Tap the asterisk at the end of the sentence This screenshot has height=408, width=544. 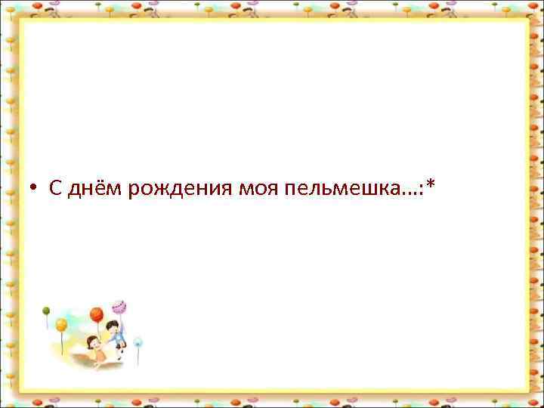[x=430, y=185]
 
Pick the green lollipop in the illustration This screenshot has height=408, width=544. [x=45, y=311]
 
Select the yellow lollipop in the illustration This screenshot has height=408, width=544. [x=61, y=325]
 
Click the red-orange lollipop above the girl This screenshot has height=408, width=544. [x=96, y=314]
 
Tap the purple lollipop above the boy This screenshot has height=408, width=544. [x=119, y=307]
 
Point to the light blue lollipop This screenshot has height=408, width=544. [x=138, y=342]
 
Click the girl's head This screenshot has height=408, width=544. [x=92, y=339]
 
